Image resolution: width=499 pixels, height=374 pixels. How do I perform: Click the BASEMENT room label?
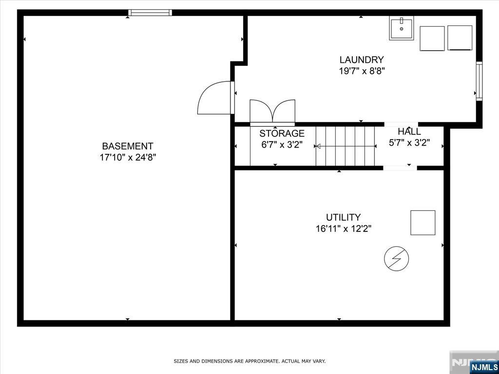click(x=128, y=146)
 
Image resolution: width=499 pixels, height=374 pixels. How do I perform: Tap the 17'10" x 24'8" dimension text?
click(x=128, y=157)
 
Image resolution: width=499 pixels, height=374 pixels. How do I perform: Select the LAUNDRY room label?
click(x=362, y=60)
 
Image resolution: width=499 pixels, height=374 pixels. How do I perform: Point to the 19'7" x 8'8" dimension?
click(x=362, y=71)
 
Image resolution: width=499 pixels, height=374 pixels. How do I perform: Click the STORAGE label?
click(x=282, y=133)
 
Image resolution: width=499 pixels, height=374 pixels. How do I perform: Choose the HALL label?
click(x=409, y=131)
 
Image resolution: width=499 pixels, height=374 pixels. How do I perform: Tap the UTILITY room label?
click(x=344, y=218)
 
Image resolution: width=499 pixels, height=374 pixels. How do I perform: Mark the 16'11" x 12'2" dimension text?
click(x=344, y=229)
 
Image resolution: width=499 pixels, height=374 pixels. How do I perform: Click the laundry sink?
click(x=402, y=28)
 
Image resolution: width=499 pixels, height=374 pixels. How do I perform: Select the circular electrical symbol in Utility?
click(x=397, y=258)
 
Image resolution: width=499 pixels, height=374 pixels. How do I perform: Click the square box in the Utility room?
click(x=422, y=223)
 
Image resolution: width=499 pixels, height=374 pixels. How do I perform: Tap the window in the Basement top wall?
click(x=150, y=13)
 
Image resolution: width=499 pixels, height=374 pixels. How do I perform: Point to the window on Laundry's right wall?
click(x=479, y=81)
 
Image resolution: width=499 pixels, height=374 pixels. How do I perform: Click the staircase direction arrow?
click(x=345, y=146)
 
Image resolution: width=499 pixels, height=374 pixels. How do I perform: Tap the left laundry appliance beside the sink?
click(x=432, y=38)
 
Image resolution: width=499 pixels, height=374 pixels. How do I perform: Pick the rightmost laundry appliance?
click(x=460, y=38)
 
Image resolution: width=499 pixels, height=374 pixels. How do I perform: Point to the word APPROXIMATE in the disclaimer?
click(x=264, y=361)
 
